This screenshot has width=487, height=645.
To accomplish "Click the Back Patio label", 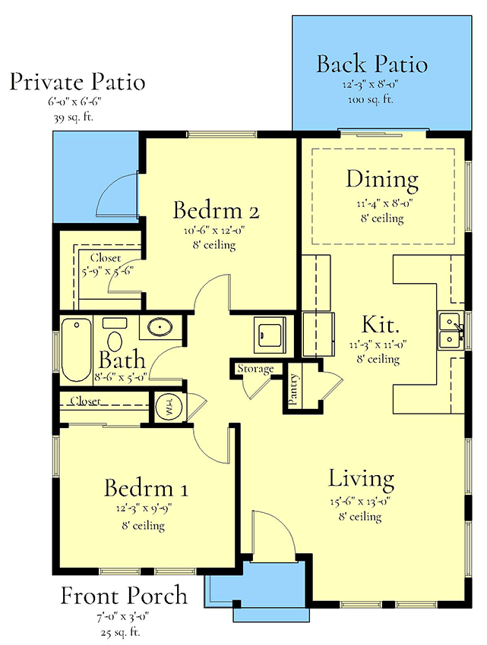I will (372, 64).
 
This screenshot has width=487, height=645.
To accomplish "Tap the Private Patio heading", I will (77, 82).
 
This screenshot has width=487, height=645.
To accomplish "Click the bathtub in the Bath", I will (76, 351).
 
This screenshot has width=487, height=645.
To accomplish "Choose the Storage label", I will (255, 369).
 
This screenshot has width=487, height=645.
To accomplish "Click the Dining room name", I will (382, 181).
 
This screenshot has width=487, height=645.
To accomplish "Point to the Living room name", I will (361, 480).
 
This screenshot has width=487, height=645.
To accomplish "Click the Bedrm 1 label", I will (146, 488).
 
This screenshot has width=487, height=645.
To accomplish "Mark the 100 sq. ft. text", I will (372, 99).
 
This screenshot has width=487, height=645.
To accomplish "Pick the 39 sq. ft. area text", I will (77, 118).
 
